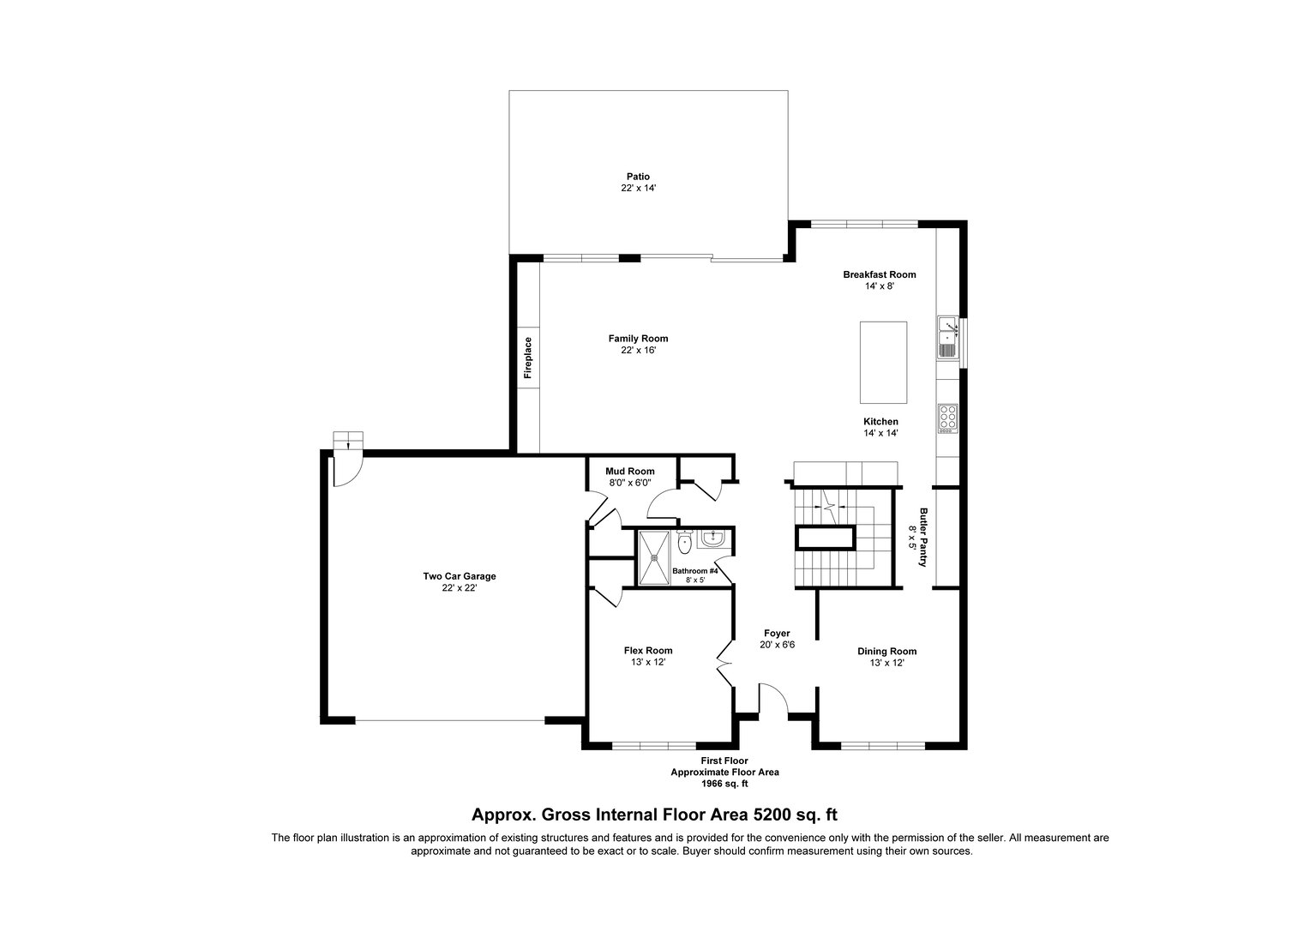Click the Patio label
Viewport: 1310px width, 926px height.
click(638, 177)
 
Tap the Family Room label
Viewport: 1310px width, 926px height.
click(638, 339)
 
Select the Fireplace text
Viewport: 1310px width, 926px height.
click(528, 358)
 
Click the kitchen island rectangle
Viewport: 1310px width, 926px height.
click(883, 362)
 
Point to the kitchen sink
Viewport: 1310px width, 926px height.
click(947, 337)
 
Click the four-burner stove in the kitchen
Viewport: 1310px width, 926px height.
click(948, 418)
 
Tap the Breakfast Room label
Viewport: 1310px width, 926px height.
click(880, 274)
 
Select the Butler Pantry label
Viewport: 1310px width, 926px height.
click(923, 537)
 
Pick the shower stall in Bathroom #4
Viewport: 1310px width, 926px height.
click(654, 557)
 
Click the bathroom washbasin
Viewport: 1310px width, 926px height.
click(713, 538)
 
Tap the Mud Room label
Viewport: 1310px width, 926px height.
click(630, 472)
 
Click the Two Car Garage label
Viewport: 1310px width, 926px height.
click(460, 576)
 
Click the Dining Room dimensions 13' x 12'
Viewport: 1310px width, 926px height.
click(887, 663)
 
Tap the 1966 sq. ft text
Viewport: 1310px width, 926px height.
click(724, 784)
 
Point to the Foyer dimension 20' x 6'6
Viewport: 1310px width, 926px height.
click(778, 645)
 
